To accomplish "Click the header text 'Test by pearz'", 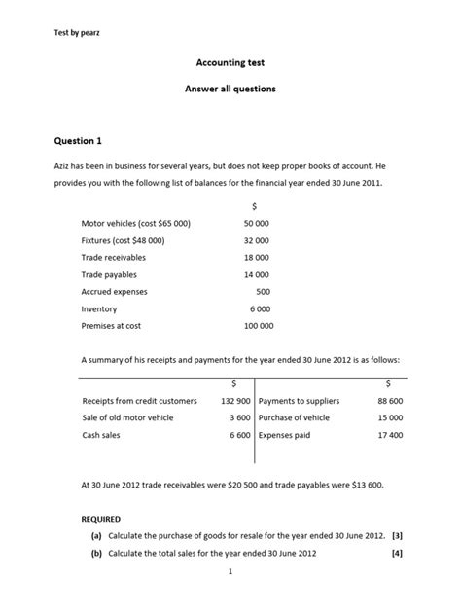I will tap(78, 34).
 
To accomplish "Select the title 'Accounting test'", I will tap(230, 63).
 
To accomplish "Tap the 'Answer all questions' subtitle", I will tap(230, 89).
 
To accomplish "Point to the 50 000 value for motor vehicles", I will tap(257, 223).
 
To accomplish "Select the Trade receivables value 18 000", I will tap(257, 257).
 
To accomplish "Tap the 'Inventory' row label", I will tap(99, 308).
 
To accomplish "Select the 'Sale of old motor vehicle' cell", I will tap(129, 417).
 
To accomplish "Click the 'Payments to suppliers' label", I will tap(297, 400).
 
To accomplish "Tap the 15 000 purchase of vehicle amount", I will tap(389, 417).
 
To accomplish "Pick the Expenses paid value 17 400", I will tap(389, 435).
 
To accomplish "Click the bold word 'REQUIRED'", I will tap(101, 520).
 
